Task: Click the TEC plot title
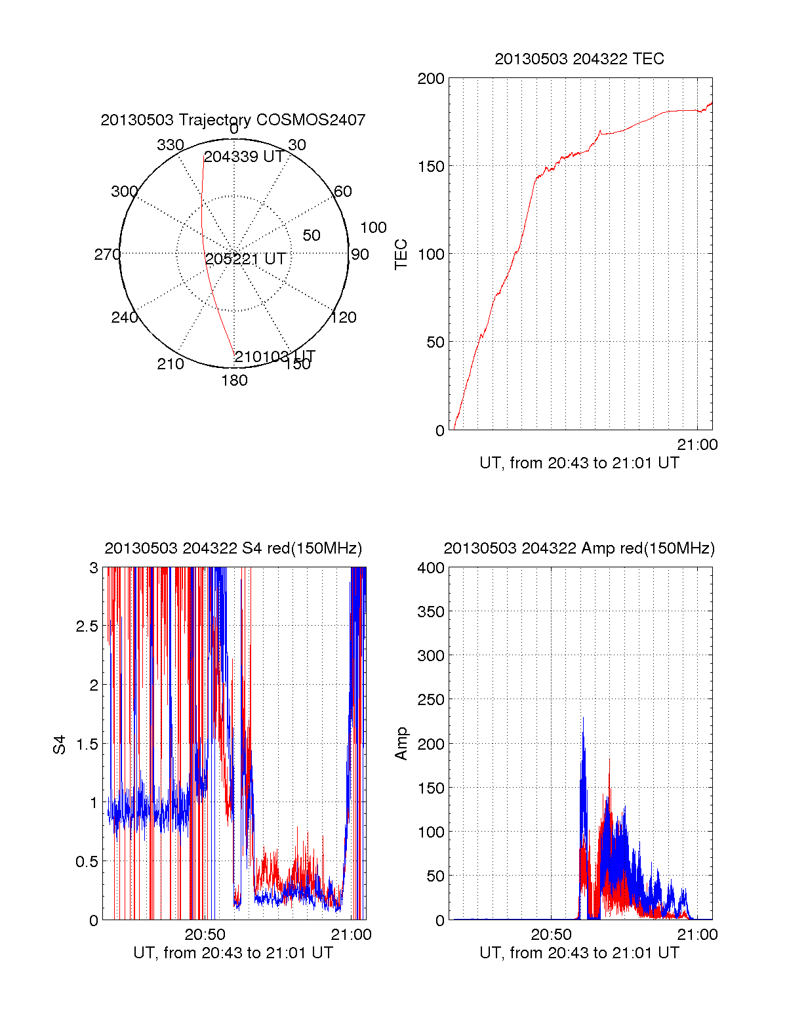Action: click(x=579, y=59)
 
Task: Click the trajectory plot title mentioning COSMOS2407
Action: click(x=233, y=120)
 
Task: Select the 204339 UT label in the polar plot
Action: click(x=243, y=157)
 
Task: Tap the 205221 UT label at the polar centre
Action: click(x=245, y=259)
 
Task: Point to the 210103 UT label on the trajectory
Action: click(x=275, y=357)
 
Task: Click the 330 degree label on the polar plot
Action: click(x=170, y=145)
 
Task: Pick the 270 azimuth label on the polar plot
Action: click(x=107, y=254)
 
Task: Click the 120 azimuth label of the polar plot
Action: click(x=344, y=317)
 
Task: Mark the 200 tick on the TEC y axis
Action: click(x=431, y=79)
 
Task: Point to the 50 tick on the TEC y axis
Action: click(x=435, y=342)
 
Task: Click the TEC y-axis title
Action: click(x=401, y=254)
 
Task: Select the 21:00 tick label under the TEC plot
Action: click(x=697, y=445)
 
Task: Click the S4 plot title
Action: click(x=233, y=548)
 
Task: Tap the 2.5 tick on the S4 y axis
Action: click(x=87, y=626)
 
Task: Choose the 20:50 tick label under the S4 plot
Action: click(x=205, y=935)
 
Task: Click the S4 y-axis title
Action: click(x=60, y=744)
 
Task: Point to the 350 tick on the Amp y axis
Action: click(x=431, y=612)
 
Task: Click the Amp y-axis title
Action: click(x=401, y=744)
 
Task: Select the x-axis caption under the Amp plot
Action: click(x=579, y=953)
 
